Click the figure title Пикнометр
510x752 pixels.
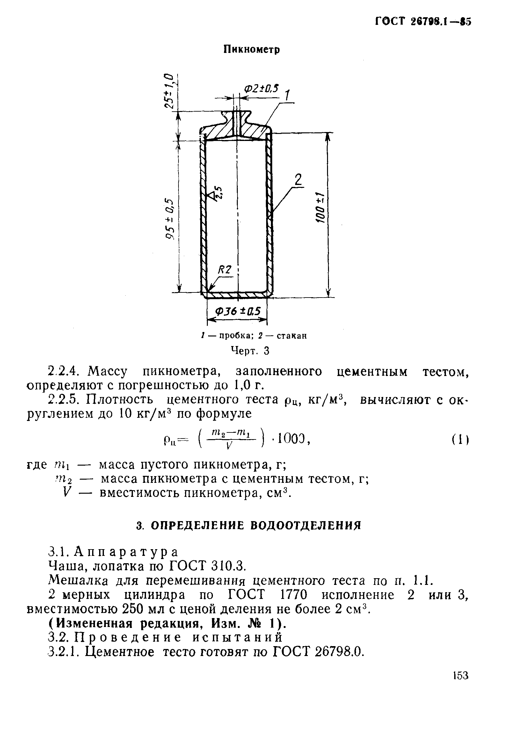pos(251,49)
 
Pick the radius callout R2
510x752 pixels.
pos(225,269)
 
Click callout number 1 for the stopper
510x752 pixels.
pos(287,96)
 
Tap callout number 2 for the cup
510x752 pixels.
pos(298,180)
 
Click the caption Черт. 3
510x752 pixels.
pos(250,351)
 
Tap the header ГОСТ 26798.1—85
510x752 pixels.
pos(423,22)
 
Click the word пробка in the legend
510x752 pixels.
pos(237,336)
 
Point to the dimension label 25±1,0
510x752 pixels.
pos(169,91)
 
